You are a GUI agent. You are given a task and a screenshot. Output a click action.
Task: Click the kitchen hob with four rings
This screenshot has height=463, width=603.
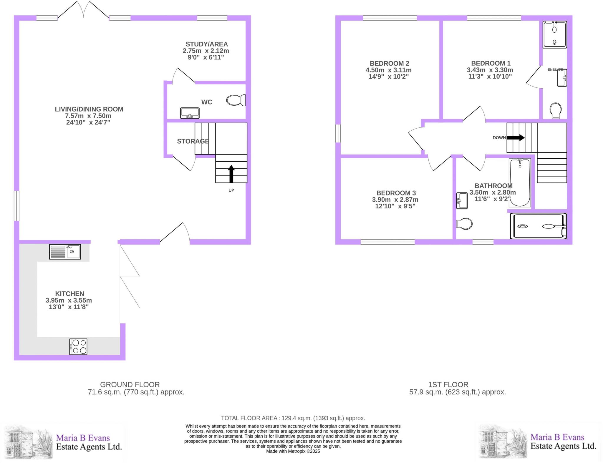coord(78,346)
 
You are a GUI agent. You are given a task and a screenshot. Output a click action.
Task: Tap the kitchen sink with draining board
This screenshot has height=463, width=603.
coord(65,252)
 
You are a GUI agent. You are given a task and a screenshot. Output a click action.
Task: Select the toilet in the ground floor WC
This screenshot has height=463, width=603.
coord(236,100)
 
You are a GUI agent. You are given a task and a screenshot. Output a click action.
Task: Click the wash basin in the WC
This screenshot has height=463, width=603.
coord(190,113)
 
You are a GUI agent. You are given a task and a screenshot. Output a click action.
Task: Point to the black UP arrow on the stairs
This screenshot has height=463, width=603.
coord(231,174)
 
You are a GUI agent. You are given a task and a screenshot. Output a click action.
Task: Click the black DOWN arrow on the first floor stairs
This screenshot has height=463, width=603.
coord(515,137)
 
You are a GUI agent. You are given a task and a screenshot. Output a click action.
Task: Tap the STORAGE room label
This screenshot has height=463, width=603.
coord(193,141)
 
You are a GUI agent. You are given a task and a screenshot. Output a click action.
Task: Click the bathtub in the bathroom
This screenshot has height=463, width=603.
coord(520,182)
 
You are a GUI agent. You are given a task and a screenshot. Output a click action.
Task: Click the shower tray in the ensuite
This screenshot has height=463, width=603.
coord(555,34)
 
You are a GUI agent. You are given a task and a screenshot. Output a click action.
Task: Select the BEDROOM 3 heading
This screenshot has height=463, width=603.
coord(396,193)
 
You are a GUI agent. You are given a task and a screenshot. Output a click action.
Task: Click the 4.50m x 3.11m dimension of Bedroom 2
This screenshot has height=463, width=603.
coord(388,70)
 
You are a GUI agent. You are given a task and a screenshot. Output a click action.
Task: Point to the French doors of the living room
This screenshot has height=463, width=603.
coord(83,10)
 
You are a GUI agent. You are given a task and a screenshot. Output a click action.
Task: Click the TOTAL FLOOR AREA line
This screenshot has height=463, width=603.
coord(293,418)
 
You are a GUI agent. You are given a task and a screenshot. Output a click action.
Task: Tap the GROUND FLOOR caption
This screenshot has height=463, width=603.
coord(130,384)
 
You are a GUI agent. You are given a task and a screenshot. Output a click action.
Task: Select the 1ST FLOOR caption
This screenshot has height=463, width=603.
coord(448,384)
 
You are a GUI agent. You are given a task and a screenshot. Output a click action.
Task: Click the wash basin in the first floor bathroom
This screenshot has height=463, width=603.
coord(462,201)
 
